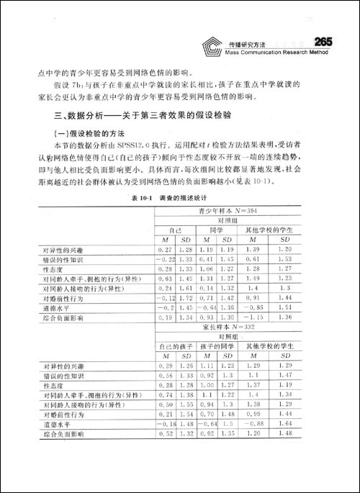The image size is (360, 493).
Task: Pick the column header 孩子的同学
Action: pyautogui.click(x=220, y=346)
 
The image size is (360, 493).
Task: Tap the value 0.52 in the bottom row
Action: pyautogui.click(x=167, y=434)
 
